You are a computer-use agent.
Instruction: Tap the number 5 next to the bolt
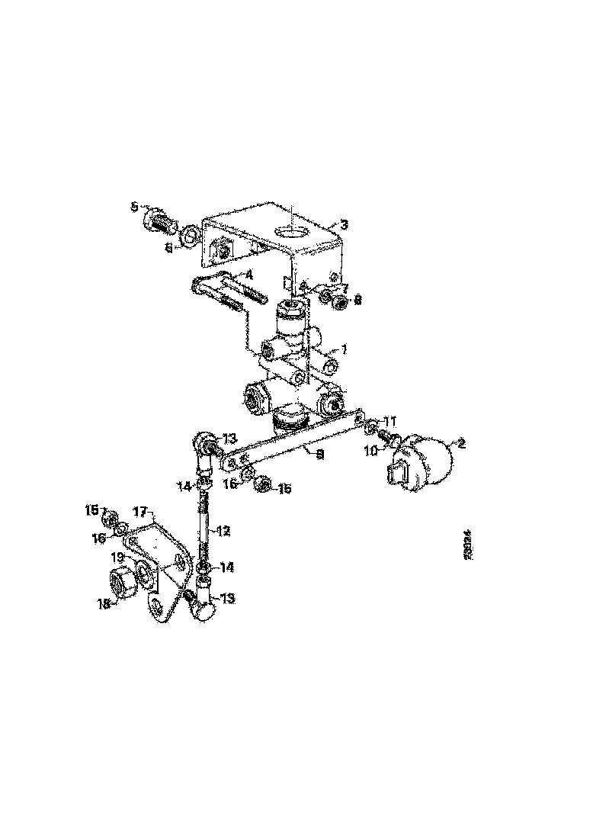point(134,207)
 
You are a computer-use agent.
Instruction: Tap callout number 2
point(460,443)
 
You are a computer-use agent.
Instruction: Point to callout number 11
point(389,420)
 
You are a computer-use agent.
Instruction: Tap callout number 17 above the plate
point(140,510)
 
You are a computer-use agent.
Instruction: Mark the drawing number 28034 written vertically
point(465,546)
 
